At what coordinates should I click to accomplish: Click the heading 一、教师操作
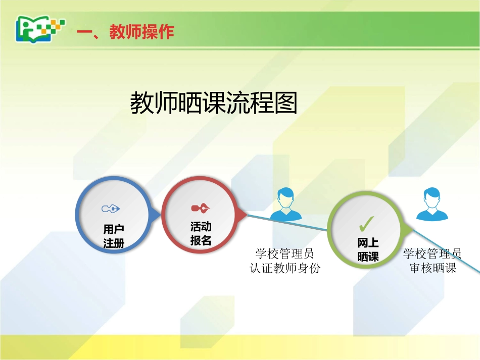[125, 32]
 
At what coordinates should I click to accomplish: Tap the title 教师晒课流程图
[214, 103]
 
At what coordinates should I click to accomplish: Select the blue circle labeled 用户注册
[113, 215]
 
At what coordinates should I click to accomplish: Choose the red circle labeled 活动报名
[200, 214]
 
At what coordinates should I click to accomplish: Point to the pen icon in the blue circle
[111, 208]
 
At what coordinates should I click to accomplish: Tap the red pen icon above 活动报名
[200, 208]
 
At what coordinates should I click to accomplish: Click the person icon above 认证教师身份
[285, 204]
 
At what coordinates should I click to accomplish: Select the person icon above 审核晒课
[432, 204]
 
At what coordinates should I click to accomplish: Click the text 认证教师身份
[285, 268]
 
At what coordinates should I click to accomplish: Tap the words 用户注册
[114, 236]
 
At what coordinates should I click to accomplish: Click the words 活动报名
[201, 233]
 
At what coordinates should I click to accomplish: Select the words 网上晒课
[368, 250]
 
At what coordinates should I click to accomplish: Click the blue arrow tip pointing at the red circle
[157, 215]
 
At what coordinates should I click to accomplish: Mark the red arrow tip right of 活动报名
[244, 215]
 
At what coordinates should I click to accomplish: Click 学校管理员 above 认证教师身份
[285, 253]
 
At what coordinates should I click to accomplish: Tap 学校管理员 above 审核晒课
[433, 253]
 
